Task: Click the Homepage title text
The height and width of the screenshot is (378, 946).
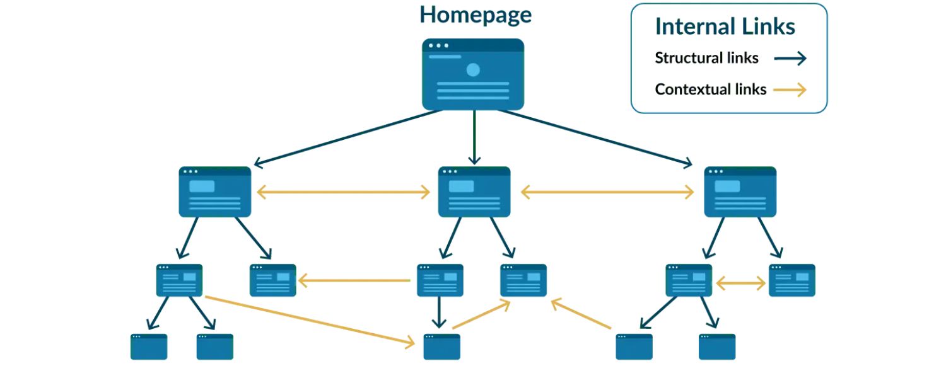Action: click(476, 14)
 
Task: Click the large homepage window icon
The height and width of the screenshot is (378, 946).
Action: click(472, 74)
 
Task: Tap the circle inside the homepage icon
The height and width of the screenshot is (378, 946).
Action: click(473, 70)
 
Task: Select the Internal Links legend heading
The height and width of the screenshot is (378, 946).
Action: click(725, 27)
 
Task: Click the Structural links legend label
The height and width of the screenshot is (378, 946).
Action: click(706, 59)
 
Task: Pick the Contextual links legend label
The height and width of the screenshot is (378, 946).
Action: click(711, 89)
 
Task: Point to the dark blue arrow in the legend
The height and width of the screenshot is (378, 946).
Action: click(791, 59)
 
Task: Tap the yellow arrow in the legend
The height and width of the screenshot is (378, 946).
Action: click(791, 90)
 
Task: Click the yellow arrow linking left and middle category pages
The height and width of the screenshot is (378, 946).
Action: click(344, 193)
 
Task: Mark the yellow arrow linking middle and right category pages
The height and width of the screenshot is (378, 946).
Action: click(607, 193)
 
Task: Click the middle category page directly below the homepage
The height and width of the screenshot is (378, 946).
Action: click(474, 192)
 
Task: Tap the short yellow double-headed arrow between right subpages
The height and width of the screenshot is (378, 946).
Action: click(740, 284)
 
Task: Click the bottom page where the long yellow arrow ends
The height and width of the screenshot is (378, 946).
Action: click(441, 346)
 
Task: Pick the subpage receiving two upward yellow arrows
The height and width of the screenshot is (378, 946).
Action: click(523, 280)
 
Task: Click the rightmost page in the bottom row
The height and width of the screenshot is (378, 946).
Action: click(717, 346)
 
